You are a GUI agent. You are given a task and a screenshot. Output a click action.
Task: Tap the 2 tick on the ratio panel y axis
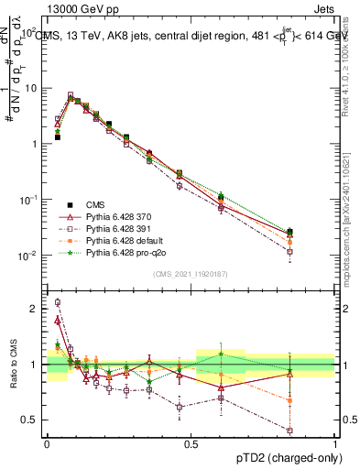35,309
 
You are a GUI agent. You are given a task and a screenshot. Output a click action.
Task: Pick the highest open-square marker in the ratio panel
57,302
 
